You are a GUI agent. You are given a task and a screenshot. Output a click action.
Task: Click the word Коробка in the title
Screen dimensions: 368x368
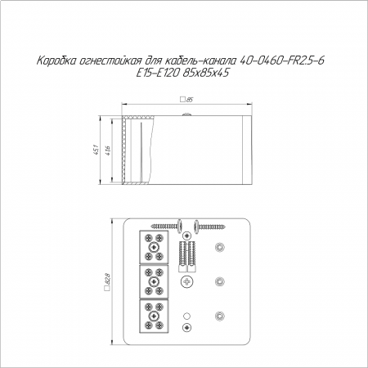(56, 61)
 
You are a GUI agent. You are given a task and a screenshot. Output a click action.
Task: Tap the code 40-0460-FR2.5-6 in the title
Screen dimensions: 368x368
(281, 61)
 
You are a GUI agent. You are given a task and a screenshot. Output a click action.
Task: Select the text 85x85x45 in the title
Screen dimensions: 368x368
(205, 73)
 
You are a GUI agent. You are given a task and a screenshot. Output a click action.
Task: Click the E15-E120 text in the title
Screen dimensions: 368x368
(158, 73)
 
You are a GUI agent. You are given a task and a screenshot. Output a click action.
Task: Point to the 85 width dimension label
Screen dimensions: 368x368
(190, 100)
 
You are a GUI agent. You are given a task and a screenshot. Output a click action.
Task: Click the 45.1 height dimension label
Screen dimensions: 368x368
(95, 150)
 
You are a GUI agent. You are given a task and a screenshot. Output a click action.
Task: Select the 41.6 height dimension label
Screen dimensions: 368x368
(107, 150)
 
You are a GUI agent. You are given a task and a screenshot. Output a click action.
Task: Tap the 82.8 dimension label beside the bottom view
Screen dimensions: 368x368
(107, 278)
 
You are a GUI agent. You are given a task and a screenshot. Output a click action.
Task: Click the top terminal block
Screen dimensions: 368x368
(154, 247)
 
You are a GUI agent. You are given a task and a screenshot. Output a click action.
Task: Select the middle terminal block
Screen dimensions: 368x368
(154, 281)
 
